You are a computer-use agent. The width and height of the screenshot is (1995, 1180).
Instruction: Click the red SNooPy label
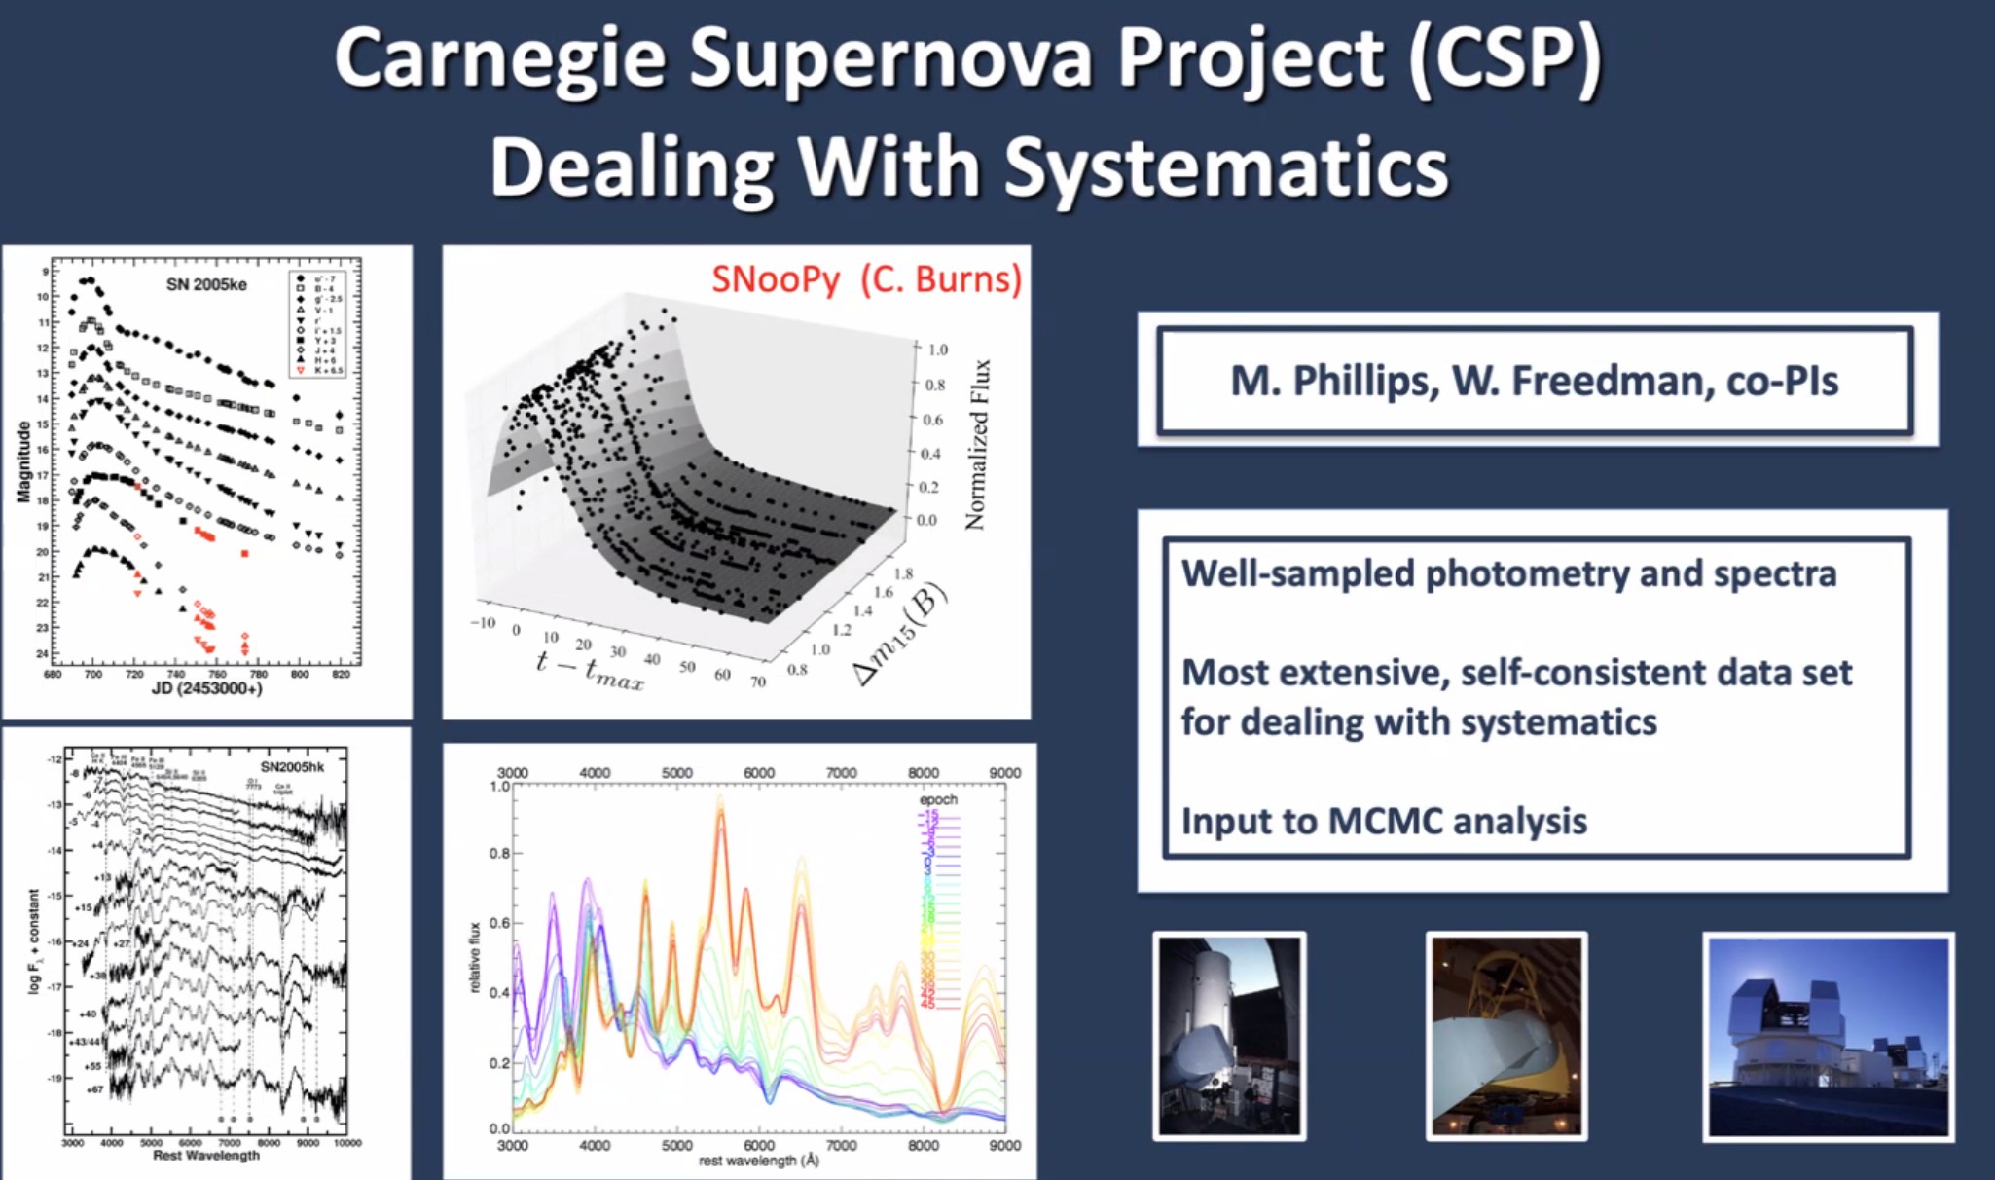[776, 279]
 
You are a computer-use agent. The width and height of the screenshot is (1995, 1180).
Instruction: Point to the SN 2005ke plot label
[206, 284]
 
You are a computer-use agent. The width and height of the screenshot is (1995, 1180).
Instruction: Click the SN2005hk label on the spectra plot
[292, 767]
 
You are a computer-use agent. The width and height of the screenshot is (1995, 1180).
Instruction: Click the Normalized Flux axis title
[976, 444]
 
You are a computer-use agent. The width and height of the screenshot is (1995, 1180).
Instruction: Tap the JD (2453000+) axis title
[206, 689]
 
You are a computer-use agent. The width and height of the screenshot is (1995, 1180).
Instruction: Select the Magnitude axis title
[23, 461]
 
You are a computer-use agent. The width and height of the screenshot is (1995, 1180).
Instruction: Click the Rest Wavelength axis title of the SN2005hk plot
[206, 1156]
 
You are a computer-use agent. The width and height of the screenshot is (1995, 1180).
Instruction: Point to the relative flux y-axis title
[475, 958]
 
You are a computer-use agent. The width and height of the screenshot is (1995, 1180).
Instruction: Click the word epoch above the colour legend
[938, 799]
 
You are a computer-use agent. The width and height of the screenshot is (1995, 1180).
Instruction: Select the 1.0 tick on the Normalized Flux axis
[937, 350]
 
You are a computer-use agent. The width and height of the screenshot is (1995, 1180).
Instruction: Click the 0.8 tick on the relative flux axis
[498, 854]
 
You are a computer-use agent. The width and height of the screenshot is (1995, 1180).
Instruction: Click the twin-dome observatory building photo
[1828, 1036]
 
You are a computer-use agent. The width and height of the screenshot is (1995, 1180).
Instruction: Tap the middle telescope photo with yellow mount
[1505, 1036]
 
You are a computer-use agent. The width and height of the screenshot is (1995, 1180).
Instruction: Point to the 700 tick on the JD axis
[92, 674]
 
